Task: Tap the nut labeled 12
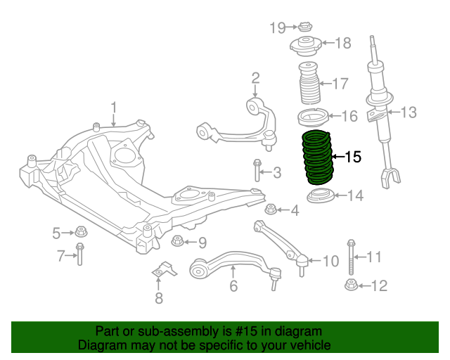click(x=350, y=285)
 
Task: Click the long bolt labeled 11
click(x=350, y=257)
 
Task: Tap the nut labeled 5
click(x=80, y=231)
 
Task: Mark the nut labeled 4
click(x=271, y=209)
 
